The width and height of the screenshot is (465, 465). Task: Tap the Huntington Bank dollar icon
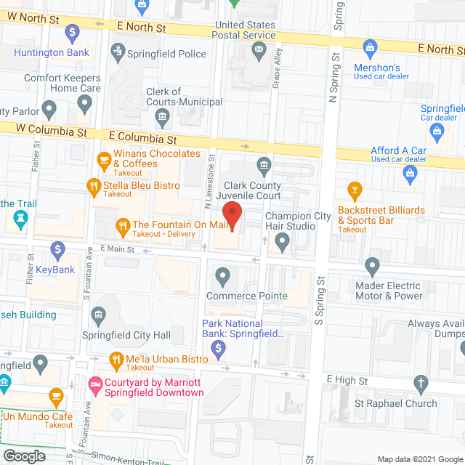(x=72, y=33)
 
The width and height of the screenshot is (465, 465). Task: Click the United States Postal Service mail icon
(x=258, y=50)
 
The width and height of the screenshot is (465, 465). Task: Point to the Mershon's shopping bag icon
(x=371, y=49)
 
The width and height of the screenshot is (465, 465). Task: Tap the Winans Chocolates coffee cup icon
(x=104, y=158)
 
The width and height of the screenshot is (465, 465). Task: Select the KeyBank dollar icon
(x=57, y=249)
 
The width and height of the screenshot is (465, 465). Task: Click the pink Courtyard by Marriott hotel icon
(x=94, y=382)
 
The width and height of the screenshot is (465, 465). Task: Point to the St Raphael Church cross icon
(x=420, y=383)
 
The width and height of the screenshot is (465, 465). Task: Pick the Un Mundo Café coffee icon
(x=56, y=397)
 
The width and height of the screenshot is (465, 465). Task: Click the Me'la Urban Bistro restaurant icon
(x=115, y=359)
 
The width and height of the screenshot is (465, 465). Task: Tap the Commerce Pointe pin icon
(x=222, y=276)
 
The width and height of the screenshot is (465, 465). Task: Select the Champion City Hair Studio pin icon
(x=283, y=243)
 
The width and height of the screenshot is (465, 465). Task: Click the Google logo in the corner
(x=23, y=456)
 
